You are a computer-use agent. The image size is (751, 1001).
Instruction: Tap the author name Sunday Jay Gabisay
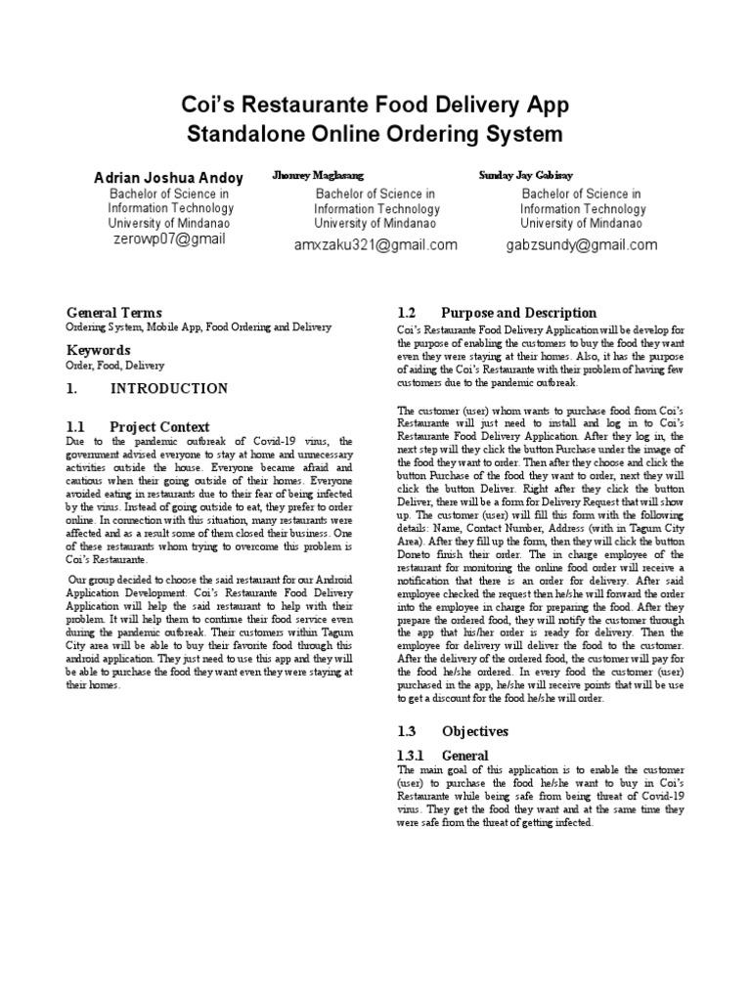point(526,175)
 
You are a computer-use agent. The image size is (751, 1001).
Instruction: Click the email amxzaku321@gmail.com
point(375,245)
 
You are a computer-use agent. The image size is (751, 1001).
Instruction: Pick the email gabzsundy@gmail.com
point(581,245)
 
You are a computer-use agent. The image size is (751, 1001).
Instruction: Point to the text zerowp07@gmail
point(169,239)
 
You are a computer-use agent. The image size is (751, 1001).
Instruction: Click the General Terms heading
point(113,313)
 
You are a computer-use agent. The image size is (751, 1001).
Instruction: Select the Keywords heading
point(98,350)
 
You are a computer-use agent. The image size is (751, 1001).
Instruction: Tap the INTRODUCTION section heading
point(168,388)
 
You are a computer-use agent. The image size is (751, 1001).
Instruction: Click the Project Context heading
point(159,427)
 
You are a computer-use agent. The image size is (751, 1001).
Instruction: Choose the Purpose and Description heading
point(518,313)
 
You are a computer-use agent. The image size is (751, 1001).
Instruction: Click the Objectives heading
point(474,731)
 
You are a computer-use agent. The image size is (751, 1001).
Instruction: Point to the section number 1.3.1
point(415,756)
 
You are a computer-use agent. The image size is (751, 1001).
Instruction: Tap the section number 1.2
point(408,313)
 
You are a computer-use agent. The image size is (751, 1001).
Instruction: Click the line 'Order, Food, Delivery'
point(115,366)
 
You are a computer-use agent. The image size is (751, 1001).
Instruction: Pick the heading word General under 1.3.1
point(465,756)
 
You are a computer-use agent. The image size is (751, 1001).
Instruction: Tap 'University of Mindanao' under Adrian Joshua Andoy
point(168,223)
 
